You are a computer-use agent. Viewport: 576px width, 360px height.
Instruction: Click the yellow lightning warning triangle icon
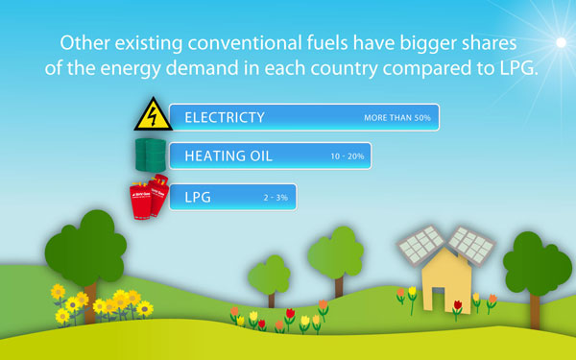click(153, 115)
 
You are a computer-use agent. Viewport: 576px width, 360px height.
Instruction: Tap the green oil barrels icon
click(151, 155)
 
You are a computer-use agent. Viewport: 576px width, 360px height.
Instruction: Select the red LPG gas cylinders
click(149, 197)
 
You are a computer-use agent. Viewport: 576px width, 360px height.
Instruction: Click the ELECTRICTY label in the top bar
click(225, 117)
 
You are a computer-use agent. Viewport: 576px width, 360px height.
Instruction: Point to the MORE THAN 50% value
click(397, 118)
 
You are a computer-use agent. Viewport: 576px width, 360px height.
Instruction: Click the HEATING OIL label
click(228, 156)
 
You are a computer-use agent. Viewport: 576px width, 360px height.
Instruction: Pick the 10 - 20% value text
click(348, 156)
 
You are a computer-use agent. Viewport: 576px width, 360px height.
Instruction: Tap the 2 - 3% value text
click(276, 198)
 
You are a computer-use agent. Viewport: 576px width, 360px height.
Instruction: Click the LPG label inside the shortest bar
click(198, 197)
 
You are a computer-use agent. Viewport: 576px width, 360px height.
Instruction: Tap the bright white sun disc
click(561, 42)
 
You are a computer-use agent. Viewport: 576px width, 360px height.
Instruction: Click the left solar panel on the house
click(421, 245)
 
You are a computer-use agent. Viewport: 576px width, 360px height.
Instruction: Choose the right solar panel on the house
click(471, 245)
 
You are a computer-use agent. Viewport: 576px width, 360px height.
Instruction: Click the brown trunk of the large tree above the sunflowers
click(90, 303)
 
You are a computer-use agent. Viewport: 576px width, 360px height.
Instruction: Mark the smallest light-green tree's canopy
click(269, 276)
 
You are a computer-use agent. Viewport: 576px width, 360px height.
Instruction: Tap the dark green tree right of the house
click(532, 265)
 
